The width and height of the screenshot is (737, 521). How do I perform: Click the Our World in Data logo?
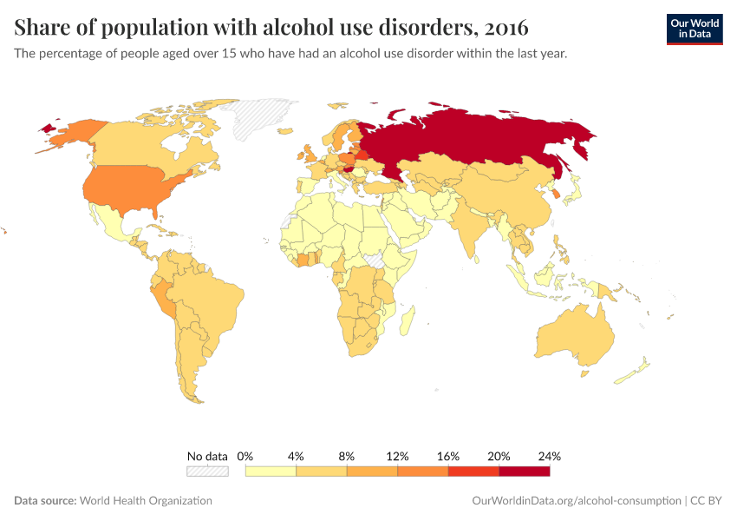(694, 29)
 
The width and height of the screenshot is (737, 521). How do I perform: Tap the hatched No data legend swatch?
(207, 471)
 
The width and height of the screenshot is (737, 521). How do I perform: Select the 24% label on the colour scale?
(550, 456)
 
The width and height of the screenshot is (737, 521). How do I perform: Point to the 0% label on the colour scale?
(245, 456)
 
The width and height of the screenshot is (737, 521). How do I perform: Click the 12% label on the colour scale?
(397, 456)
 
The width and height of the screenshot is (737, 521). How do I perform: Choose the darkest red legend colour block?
(524, 471)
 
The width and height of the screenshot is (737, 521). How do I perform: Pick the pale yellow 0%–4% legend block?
(271, 471)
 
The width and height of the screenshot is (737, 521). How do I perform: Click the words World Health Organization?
(146, 501)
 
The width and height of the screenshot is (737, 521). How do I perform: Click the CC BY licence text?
(707, 501)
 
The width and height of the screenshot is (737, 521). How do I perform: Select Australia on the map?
(576, 339)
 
